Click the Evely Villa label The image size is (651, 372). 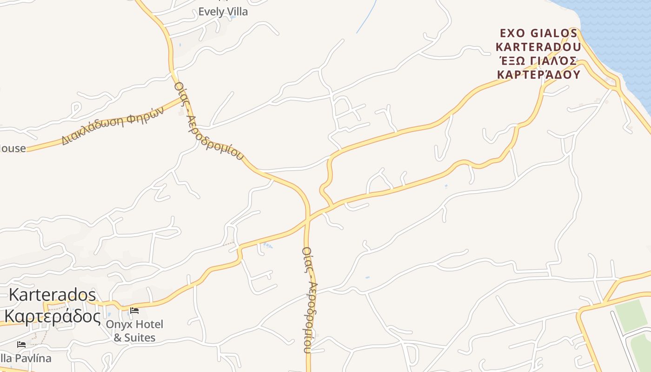click(223, 12)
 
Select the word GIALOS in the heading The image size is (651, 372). click(554, 33)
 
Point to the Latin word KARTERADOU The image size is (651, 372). click(538, 47)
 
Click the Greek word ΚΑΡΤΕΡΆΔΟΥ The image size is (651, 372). click(538, 75)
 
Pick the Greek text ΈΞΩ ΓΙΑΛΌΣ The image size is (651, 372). click(538, 61)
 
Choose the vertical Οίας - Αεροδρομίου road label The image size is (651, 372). click(309, 300)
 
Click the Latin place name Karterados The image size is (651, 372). click(53, 295)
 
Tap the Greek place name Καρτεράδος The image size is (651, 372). click(52, 317)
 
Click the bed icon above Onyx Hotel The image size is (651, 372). click(134, 310)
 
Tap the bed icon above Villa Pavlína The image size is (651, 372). click(21, 345)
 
